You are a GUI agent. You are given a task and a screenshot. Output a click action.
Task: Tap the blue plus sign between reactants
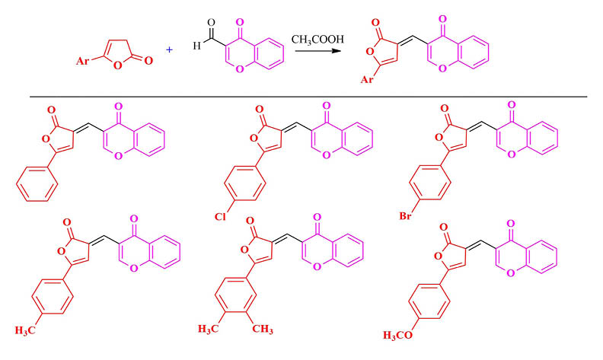point(169,49)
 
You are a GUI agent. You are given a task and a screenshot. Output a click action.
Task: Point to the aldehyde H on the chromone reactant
point(196,45)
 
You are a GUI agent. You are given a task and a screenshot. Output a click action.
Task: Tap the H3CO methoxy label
point(399,335)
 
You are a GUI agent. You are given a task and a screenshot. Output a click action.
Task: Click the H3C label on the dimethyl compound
point(212,329)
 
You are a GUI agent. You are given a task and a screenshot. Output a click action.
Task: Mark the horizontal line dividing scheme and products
point(308,97)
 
